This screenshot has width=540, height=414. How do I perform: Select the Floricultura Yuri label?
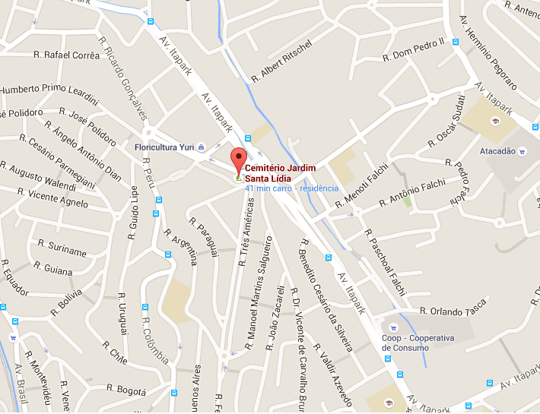164,147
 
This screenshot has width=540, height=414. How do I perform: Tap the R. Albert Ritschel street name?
281,62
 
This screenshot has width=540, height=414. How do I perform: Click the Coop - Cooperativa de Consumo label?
418,343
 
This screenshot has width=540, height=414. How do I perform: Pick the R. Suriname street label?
62,247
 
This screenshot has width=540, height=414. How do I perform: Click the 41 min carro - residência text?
292,188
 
